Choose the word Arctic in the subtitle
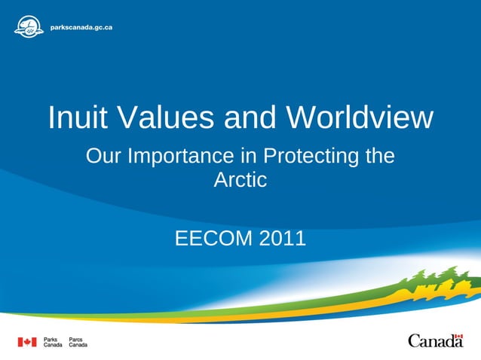[x=240, y=181]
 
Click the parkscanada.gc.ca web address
[x=81, y=27]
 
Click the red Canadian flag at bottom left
[x=27, y=342]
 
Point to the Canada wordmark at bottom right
[x=435, y=342]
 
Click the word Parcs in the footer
[x=76, y=339]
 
